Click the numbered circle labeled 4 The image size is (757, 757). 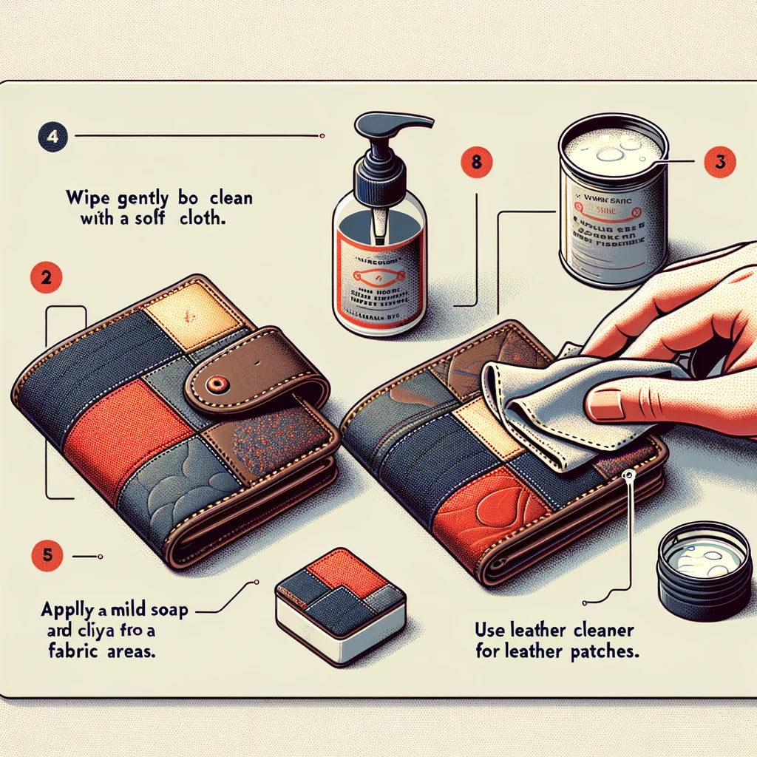(52, 137)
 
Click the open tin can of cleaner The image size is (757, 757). (613, 200)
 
